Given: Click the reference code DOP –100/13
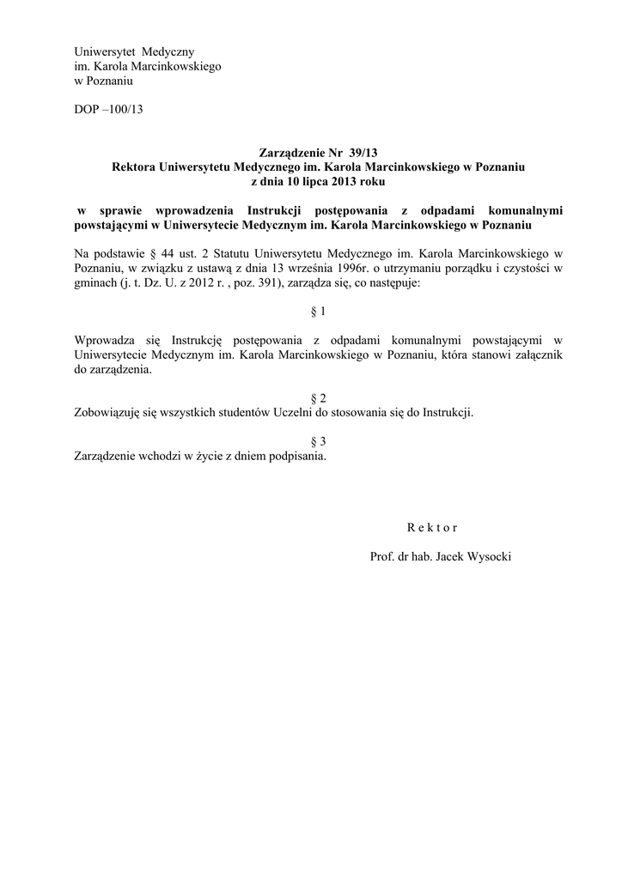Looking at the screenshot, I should click(109, 111).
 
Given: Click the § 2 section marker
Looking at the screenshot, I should click(318, 397).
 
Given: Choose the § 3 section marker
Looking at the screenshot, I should click(318, 441).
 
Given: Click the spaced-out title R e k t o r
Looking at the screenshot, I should click(432, 527).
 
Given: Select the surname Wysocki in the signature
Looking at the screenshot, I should click(486, 556).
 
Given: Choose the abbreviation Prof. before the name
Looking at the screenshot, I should click(381, 556).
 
